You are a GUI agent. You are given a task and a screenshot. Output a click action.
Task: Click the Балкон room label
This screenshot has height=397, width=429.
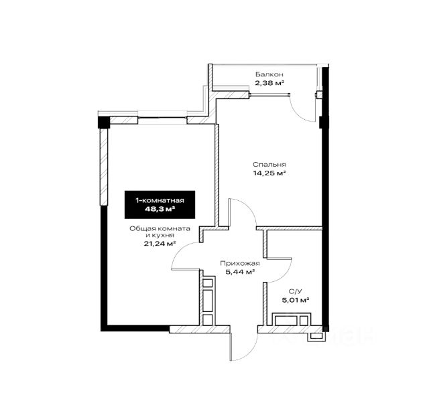point(269,74)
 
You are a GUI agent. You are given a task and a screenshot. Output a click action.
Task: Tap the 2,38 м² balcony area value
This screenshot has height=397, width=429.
point(269,83)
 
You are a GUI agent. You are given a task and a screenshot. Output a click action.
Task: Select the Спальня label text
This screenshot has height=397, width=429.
point(269,165)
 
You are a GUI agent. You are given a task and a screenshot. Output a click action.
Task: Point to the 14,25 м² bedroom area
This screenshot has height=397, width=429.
point(269,173)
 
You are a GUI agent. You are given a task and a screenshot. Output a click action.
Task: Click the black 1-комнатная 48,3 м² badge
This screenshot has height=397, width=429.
point(160,205)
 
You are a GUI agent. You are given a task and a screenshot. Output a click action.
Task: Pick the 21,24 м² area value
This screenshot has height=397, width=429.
point(160,244)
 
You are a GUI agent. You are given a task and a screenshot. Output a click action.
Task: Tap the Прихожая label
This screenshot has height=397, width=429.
point(240,264)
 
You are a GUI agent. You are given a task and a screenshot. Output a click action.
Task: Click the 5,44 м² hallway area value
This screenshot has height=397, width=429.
point(240,272)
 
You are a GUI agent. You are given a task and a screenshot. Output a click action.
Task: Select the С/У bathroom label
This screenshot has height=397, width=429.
point(295,291)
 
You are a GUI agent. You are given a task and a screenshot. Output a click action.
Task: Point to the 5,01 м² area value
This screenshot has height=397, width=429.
point(296,300)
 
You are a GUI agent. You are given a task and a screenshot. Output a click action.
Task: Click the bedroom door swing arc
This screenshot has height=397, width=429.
point(249,206)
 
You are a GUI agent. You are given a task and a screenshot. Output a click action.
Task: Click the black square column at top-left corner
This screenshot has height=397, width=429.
point(104,122)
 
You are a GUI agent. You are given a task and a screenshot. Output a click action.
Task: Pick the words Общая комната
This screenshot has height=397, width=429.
point(160,228)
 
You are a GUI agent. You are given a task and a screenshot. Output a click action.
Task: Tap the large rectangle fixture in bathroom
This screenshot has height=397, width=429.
point(286,321)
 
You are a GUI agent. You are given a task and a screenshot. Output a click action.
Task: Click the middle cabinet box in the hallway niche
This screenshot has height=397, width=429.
point(208,301)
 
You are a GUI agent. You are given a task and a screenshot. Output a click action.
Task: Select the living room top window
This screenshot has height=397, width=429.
point(162,118)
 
